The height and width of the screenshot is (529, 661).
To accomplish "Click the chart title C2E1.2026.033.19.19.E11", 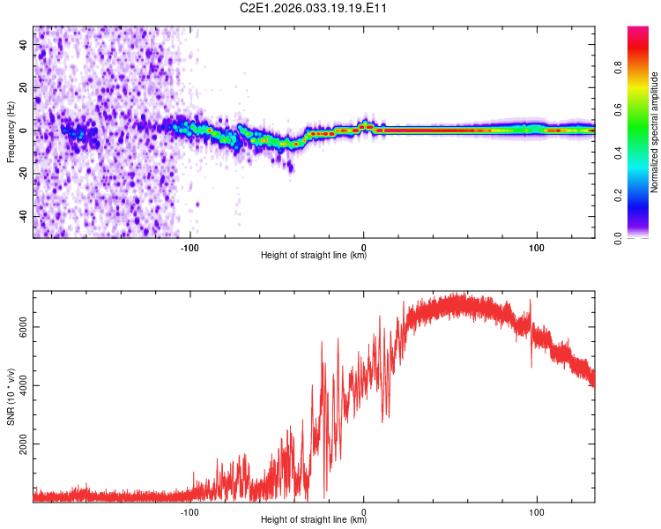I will coord(314,8).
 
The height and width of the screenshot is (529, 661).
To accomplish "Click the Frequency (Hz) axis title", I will coord(11,132).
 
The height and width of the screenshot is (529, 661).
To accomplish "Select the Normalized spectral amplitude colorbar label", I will coord(655,132).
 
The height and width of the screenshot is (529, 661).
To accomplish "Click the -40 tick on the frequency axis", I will coord(23,217).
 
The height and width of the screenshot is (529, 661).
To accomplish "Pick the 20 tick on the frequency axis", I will coord(25,87).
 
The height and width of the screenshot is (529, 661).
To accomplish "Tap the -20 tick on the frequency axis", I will coord(23,174).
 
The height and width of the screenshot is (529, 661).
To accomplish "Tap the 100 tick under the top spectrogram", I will coord(537,247).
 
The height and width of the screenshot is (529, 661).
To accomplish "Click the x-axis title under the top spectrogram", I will coord(314,256).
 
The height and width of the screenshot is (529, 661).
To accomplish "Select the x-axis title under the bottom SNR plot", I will coord(314,520).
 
